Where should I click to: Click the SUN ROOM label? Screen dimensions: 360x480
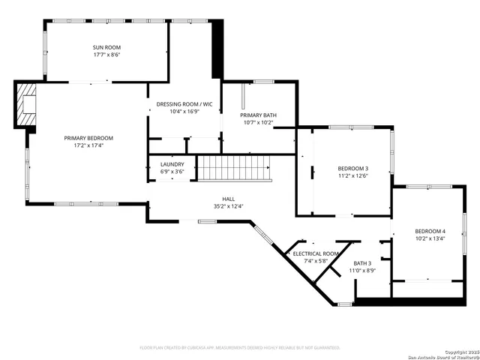[106, 46]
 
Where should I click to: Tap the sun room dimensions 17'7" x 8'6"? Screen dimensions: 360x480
[106, 55]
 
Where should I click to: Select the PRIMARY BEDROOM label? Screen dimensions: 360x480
[88, 138]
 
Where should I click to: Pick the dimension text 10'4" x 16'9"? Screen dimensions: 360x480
[184, 111]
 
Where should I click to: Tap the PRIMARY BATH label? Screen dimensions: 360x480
[259, 115]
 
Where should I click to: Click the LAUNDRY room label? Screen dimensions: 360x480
[172, 163]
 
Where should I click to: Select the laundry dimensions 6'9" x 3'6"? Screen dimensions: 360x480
[172, 172]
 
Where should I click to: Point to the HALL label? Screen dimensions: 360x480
[228, 198]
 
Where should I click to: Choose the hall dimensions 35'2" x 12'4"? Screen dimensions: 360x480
[228, 206]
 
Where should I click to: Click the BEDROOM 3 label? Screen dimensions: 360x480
[352, 168]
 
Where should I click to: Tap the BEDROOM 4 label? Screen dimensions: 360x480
[430, 231]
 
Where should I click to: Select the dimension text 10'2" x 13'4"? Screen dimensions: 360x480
[430, 239]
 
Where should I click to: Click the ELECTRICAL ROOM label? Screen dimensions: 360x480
[316, 254]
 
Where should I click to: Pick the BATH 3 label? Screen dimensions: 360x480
[363, 262]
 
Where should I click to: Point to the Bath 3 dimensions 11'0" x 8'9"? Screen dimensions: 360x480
[363, 271]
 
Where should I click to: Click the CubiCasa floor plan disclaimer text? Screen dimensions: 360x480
[240, 348]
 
